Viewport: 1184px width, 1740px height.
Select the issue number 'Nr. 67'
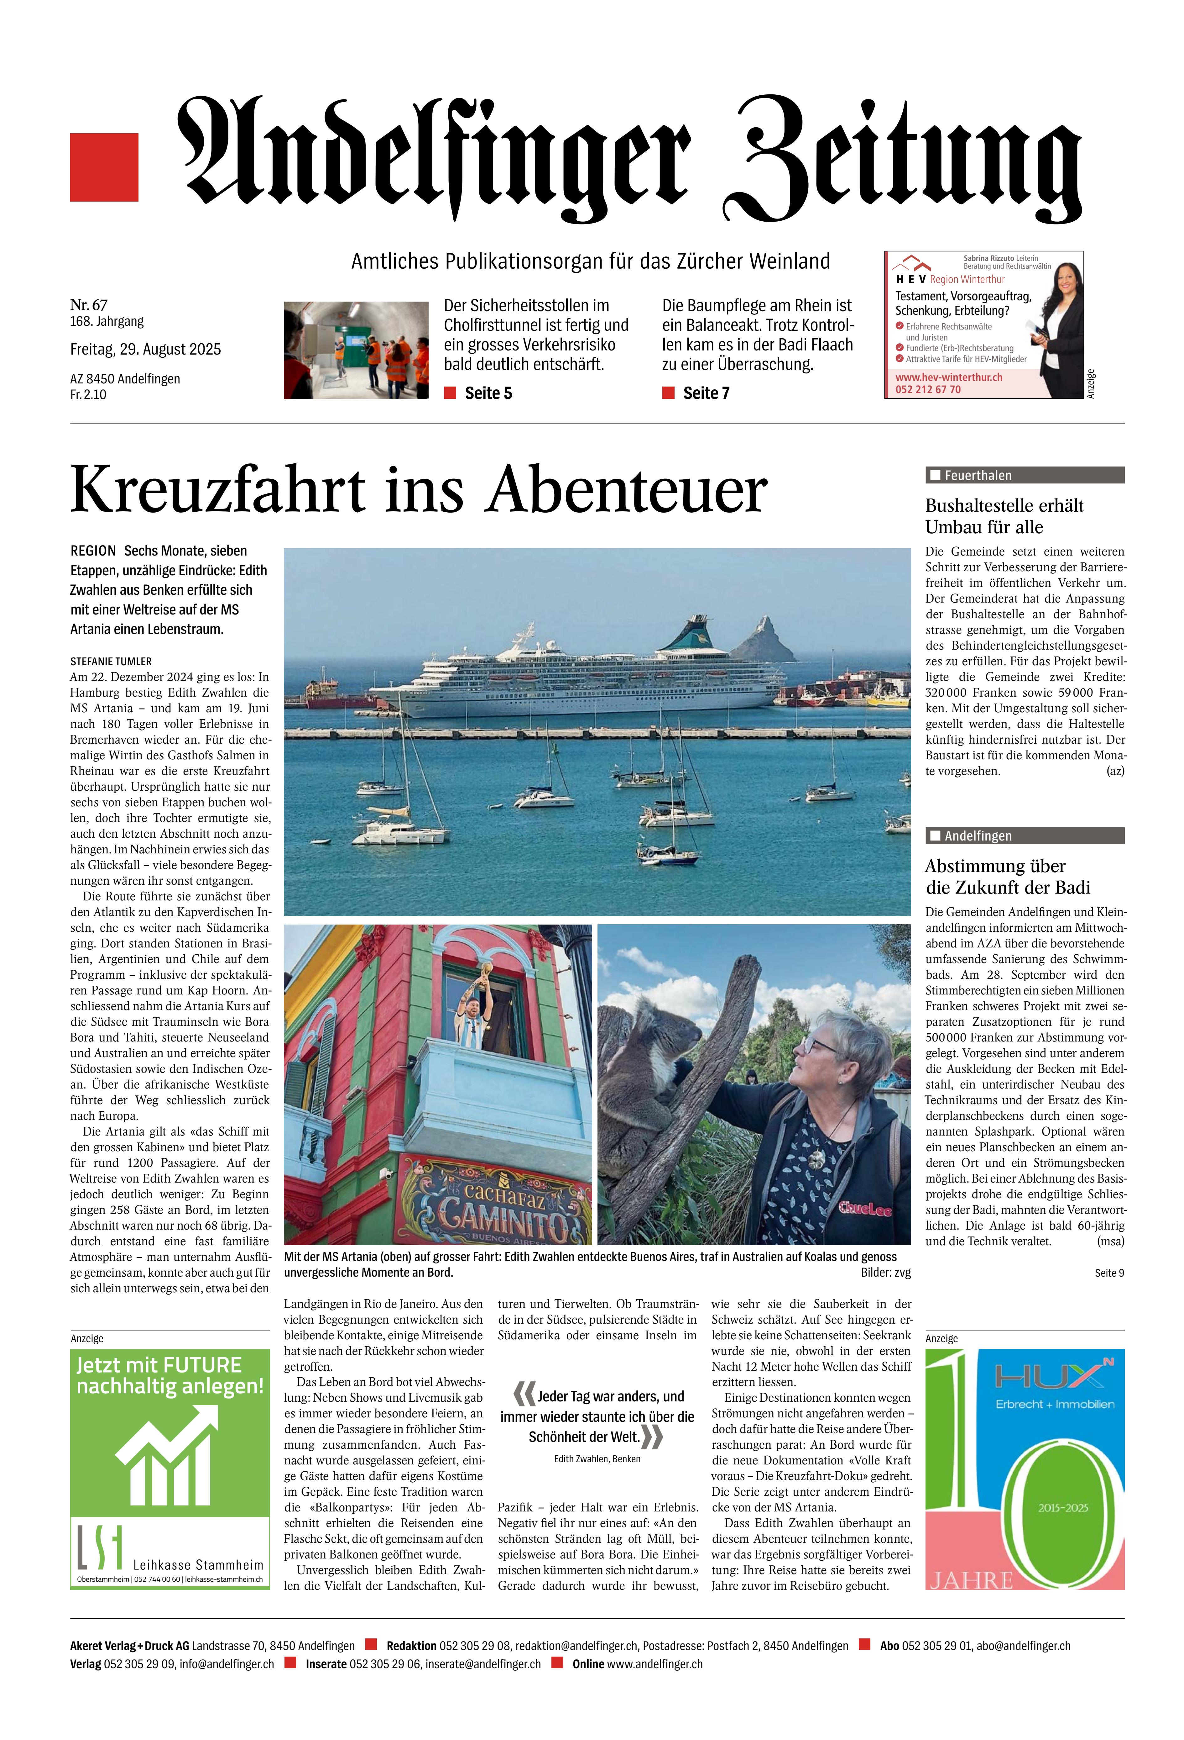[88, 305]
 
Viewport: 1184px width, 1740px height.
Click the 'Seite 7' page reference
[706, 393]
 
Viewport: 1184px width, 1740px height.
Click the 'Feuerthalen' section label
[978, 475]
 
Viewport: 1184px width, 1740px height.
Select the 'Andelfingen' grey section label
[978, 836]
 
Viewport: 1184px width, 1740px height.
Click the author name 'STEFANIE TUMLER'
[111, 662]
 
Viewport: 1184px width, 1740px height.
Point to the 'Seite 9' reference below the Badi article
[1108, 1273]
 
